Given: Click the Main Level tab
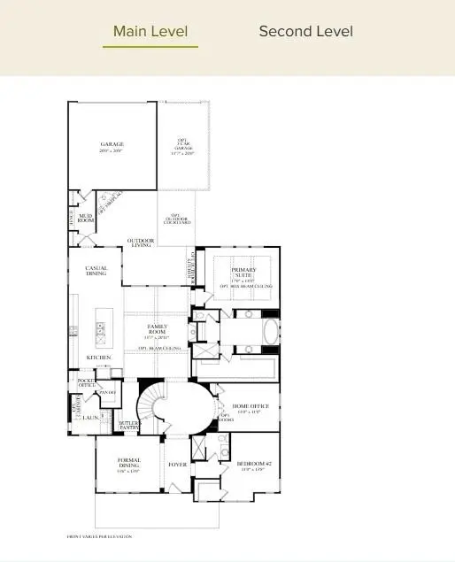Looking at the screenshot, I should pos(150,32).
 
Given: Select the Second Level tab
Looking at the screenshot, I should pos(305,32).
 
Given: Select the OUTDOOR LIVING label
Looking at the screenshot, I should pos(140,243).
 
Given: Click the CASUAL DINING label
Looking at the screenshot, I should pos(96,271).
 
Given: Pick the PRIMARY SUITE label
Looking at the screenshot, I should pos(243,273).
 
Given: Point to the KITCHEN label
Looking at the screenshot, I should pos(97,358).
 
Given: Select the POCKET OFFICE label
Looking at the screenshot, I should pos(86,383).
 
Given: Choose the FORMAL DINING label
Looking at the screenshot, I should pos(129,463).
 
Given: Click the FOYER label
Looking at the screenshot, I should pos(177,464).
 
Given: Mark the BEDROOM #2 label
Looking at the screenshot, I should pos(251,465).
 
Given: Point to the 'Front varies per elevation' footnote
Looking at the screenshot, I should pos(99,536).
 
